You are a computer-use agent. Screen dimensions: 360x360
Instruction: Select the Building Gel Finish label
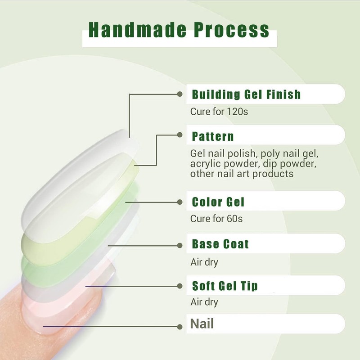pyautogui.click(x=246, y=94)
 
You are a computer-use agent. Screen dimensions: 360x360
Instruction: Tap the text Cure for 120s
pyautogui.click(x=219, y=111)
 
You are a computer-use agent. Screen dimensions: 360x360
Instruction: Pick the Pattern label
pyautogui.click(x=213, y=136)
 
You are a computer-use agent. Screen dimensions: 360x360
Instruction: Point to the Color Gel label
pyautogui.click(x=218, y=201)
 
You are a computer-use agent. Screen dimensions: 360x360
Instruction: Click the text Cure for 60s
pyautogui.click(x=216, y=219)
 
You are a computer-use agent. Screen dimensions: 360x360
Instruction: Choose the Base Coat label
pyautogui.click(x=220, y=244)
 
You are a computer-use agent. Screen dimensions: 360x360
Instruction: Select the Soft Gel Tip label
pyautogui.click(x=225, y=286)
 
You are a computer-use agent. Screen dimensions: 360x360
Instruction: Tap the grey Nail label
pyautogui.click(x=202, y=324)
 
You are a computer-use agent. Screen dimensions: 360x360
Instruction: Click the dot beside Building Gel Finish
pyautogui.click(x=180, y=94)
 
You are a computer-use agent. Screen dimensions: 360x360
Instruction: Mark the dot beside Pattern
pyautogui.click(x=180, y=135)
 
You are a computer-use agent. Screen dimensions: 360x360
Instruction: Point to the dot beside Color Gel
pyautogui.click(x=180, y=202)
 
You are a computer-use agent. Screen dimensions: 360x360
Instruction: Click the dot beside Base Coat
pyautogui.click(x=180, y=245)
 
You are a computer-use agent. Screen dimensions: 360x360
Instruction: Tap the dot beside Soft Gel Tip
pyautogui.click(x=180, y=286)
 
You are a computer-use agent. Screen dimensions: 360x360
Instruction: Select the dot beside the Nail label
pyautogui.click(x=180, y=326)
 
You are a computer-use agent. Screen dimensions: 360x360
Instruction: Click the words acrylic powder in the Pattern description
pyautogui.click(x=217, y=163)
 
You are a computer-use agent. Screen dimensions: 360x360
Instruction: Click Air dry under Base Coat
pyautogui.click(x=204, y=262)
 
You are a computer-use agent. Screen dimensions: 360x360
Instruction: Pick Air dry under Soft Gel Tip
pyautogui.click(x=204, y=302)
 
